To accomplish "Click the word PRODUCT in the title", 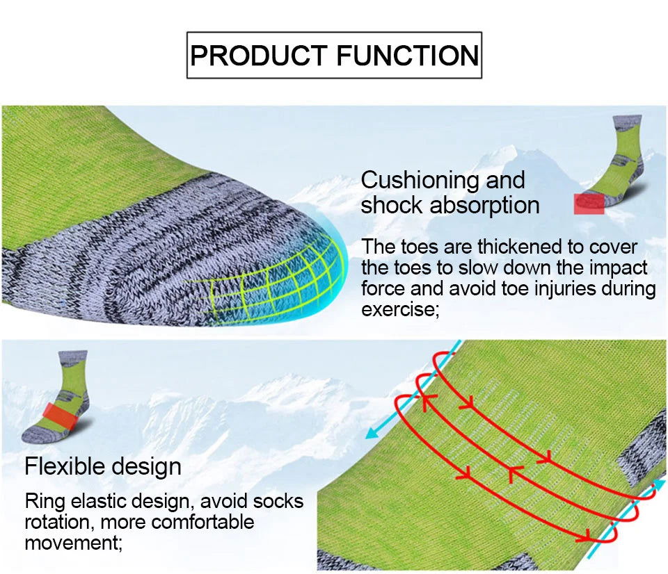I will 256,55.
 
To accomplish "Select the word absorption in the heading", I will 484,206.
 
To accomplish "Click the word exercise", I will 399,309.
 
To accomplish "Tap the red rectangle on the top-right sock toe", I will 589,204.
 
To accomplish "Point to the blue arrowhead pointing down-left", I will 373,433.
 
